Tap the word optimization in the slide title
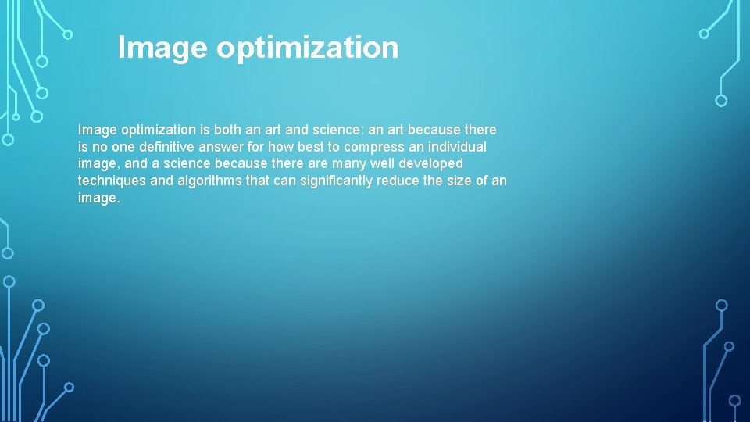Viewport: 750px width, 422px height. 307,48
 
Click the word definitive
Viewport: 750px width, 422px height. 159,147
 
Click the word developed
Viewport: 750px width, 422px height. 432,164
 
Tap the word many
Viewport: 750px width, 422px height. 348,164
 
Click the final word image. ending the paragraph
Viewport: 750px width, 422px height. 99,198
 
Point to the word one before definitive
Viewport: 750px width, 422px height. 119,147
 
